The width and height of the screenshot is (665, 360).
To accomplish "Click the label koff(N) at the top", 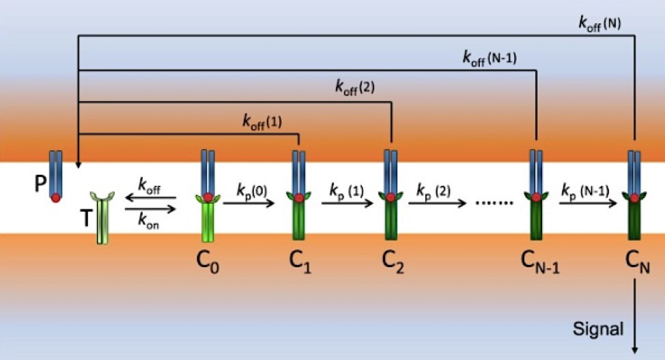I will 598,24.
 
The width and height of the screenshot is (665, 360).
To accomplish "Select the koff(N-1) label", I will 489,58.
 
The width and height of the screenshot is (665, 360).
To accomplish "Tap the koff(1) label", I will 261,122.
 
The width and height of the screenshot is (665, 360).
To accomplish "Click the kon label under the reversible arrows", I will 150,222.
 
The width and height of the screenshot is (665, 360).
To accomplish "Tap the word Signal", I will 597,329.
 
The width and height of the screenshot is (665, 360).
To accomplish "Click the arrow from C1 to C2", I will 348,203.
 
